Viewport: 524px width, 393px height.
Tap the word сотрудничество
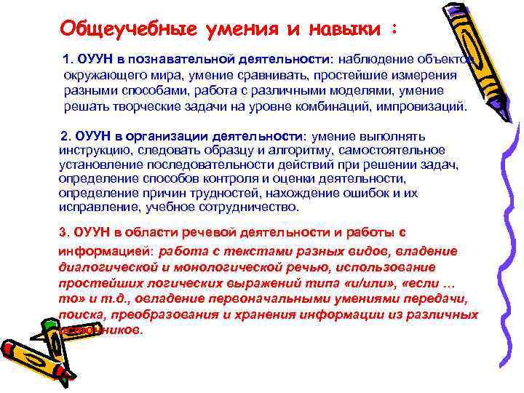coord(245,207)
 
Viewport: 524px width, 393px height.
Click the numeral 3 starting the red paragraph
coord(61,233)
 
